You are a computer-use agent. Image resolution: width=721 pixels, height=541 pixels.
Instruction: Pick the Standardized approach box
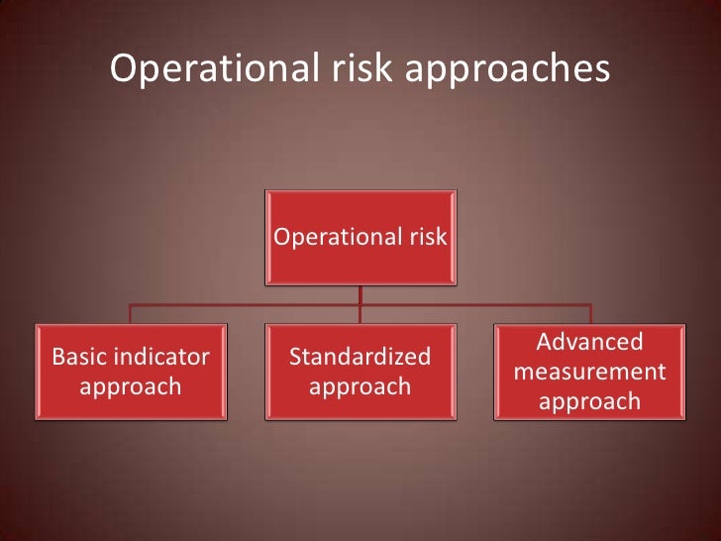pos(360,370)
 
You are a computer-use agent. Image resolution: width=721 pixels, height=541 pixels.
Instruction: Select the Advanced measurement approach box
pos(589,370)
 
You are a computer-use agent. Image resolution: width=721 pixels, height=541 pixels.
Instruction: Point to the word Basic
pos(81,355)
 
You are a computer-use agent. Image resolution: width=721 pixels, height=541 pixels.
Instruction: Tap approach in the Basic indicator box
pos(130,386)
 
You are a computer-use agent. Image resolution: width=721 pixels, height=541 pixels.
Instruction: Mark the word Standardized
pos(360,355)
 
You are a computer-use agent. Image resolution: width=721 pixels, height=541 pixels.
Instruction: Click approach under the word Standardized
pos(360,386)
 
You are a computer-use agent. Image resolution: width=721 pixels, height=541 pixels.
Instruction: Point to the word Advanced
pos(589,342)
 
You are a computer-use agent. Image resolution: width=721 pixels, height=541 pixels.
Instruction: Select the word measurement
pos(589,372)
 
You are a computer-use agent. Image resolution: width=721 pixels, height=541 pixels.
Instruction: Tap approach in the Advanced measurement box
pos(589,402)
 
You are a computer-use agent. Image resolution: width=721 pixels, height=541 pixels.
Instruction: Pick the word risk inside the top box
pos(425,237)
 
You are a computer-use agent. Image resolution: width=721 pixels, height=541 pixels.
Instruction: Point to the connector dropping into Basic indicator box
pos(130,313)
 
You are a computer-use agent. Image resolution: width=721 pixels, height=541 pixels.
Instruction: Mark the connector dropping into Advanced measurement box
pos(589,313)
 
